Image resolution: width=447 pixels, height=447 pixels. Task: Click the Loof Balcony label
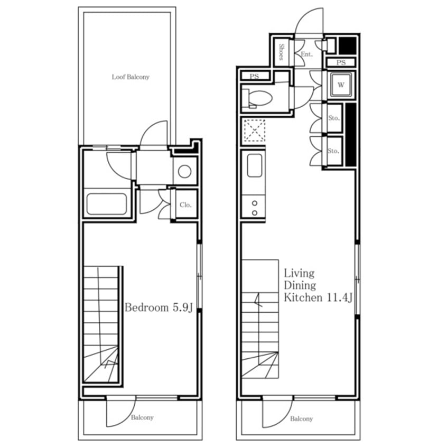(x=131, y=77)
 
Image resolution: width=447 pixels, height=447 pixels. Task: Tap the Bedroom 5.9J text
(x=159, y=308)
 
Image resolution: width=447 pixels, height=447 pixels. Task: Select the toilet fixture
(x=257, y=99)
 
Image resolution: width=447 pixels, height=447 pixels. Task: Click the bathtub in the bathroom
(x=107, y=204)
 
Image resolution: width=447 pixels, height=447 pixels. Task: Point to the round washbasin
(x=184, y=171)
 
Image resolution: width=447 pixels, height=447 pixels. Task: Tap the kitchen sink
(x=255, y=165)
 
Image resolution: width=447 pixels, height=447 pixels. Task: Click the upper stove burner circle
(x=255, y=203)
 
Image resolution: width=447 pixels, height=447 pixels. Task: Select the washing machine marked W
(x=341, y=85)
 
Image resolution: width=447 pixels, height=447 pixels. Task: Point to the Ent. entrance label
(x=307, y=54)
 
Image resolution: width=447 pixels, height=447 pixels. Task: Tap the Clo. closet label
(x=185, y=204)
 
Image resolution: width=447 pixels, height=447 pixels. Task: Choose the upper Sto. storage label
(x=334, y=118)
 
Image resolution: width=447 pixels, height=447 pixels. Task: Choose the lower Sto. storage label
(x=333, y=151)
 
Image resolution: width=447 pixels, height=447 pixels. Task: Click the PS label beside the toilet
(x=254, y=76)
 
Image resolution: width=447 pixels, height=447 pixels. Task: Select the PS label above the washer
(x=341, y=62)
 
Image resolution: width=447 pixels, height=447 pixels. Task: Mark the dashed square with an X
(x=255, y=131)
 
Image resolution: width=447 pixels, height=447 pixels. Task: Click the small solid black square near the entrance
(x=348, y=45)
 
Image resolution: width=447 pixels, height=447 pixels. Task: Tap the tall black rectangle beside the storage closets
(x=351, y=134)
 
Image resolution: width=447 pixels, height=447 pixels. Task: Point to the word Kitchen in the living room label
(x=303, y=297)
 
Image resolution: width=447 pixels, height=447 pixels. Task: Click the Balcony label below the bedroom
(x=142, y=417)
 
